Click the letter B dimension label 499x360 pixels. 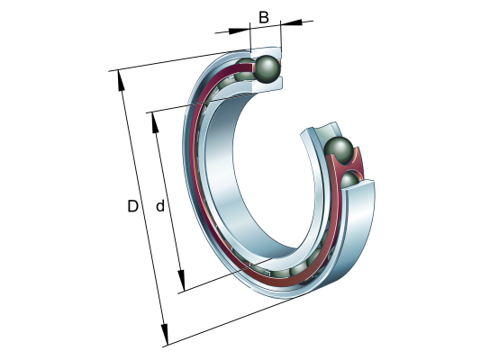264,17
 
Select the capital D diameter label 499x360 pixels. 132,206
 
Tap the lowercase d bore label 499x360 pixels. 160,206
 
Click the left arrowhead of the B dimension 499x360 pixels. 240,31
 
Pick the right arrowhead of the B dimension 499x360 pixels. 291,22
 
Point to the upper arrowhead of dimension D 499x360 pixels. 121,81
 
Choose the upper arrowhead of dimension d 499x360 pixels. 155,122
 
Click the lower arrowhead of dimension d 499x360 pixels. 181,280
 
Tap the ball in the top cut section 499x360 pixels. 268,69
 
